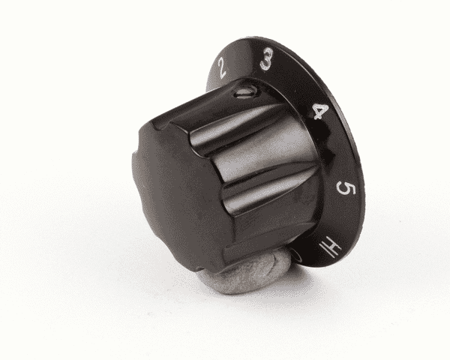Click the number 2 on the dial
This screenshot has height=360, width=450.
tap(221, 67)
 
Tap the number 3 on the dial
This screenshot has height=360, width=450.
tap(266, 59)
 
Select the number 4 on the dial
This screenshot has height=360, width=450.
tap(320, 112)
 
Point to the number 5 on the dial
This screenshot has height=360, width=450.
tap(346, 188)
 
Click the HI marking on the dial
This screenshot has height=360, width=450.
tap(331, 247)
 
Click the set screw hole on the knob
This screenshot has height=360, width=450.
tap(244, 92)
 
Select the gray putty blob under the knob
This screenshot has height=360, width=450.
tap(247, 274)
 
